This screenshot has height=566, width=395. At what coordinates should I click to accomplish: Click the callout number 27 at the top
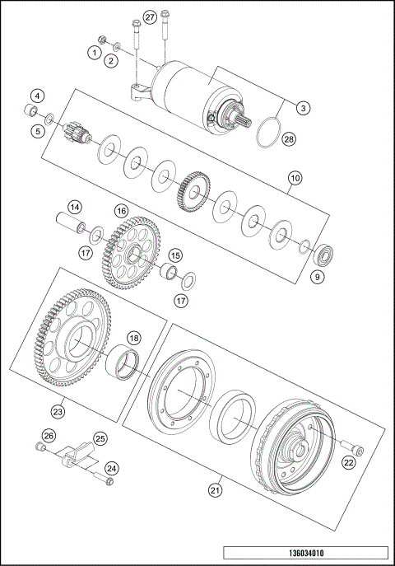coord(149,17)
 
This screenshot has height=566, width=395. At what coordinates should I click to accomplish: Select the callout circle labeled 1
coord(95,52)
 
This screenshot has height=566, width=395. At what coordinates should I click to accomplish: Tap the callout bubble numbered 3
coord(304,107)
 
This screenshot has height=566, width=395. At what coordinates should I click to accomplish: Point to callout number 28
coord(288,139)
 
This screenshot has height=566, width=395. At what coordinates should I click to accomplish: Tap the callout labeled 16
coord(121,211)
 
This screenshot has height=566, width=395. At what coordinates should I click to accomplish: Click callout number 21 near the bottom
coord(215,490)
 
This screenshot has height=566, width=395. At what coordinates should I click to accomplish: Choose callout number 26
coord(49,436)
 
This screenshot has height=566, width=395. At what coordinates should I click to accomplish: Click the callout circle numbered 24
coord(112,468)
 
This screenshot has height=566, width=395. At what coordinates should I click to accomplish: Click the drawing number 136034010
coord(304,553)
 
